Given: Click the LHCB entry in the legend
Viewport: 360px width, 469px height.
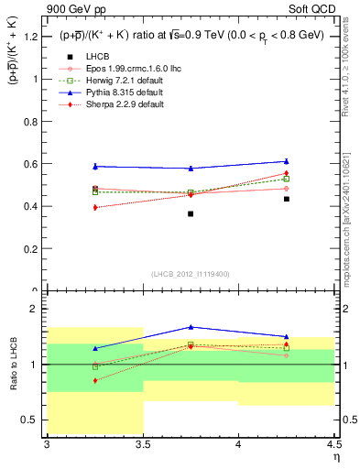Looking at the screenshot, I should [98, 57].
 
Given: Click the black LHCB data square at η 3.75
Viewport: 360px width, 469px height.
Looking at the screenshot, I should [191, 213].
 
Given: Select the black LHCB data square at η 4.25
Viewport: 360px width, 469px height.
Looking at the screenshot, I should [287, 199].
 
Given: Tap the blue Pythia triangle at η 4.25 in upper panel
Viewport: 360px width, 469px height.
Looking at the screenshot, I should [287, 161].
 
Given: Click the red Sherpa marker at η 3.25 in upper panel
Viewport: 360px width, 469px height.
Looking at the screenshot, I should [95, 208].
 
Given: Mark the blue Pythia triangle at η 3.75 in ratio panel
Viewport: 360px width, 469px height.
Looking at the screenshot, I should [191, 327].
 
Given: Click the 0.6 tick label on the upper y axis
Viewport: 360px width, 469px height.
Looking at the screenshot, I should [31, 164].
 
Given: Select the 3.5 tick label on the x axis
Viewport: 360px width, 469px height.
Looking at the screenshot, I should [143, 444].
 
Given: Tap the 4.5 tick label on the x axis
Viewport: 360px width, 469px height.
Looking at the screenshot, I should [333, 444].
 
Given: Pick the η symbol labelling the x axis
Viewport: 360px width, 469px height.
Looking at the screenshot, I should [336, 455].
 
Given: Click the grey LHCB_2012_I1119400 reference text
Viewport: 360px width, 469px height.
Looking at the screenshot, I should [191, 274].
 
